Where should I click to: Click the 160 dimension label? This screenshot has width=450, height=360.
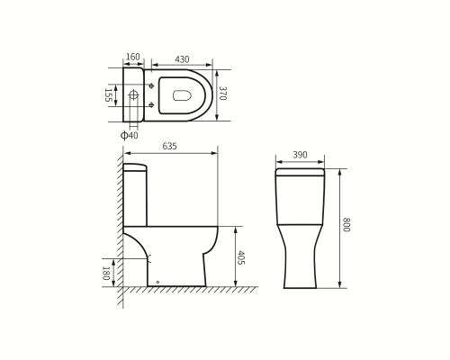point(133,57)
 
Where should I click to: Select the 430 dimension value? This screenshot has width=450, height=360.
point(182,59)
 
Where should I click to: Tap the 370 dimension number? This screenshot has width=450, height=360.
point(222,94)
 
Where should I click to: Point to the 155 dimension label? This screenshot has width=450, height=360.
point(108,95)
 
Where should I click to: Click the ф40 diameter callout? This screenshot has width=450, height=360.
point(130,135)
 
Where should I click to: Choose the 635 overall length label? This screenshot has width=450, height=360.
point(170,146)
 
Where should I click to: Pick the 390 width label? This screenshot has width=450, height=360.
point(300,155)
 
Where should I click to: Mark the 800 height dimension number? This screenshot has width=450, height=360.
point(346,225)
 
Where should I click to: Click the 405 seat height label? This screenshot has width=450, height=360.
point(241,257)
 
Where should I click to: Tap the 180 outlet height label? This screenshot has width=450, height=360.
point(105,273)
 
